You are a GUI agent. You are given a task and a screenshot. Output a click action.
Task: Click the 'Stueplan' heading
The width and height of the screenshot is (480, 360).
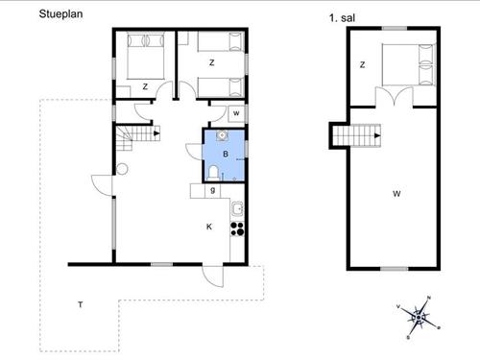click(60, 14)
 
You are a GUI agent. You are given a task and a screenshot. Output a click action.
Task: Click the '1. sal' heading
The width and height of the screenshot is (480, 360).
click(342, 18)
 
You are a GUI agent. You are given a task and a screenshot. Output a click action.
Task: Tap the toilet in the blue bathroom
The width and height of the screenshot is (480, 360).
click(213, 173)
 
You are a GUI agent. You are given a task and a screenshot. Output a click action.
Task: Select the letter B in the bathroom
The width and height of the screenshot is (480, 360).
click(226, 154)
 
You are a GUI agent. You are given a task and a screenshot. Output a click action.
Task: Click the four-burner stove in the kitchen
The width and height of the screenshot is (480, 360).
click(237, 228)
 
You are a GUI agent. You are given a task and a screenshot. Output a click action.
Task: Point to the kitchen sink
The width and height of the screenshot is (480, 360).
click(237, 209)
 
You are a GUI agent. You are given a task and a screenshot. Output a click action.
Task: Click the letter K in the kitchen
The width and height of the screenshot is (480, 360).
click(209, 227)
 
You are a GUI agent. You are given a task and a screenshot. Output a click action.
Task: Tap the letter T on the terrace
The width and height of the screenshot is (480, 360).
click(81, 304)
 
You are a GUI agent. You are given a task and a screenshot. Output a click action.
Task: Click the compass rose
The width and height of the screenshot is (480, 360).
click(419, 318)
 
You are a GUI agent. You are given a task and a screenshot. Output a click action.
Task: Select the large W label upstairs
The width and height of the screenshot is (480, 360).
click(396, 194)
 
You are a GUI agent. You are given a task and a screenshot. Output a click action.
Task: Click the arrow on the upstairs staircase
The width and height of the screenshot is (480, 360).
click(377, 135)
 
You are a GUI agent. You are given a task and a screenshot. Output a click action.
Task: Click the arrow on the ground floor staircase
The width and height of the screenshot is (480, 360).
click(156, 133)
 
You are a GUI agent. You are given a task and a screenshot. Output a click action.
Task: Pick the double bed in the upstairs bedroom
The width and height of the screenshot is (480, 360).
click(409, 65)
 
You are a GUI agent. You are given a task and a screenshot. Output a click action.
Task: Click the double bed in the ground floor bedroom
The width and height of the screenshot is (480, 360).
click(146, 56)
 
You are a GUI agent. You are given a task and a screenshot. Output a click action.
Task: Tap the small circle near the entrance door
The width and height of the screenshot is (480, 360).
click(122, 169)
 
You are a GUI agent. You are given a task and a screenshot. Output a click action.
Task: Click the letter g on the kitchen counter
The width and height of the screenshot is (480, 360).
click(213, 190)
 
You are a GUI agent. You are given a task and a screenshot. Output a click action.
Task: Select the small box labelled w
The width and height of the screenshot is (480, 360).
click(236, 113)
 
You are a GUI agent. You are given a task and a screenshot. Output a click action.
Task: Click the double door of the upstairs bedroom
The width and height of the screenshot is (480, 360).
click(395, 96)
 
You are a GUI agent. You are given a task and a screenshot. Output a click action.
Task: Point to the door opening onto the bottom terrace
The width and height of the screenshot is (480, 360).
click(212, 276)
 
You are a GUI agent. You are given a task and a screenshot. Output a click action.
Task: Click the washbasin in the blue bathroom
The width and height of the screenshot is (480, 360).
click(222, 135)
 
